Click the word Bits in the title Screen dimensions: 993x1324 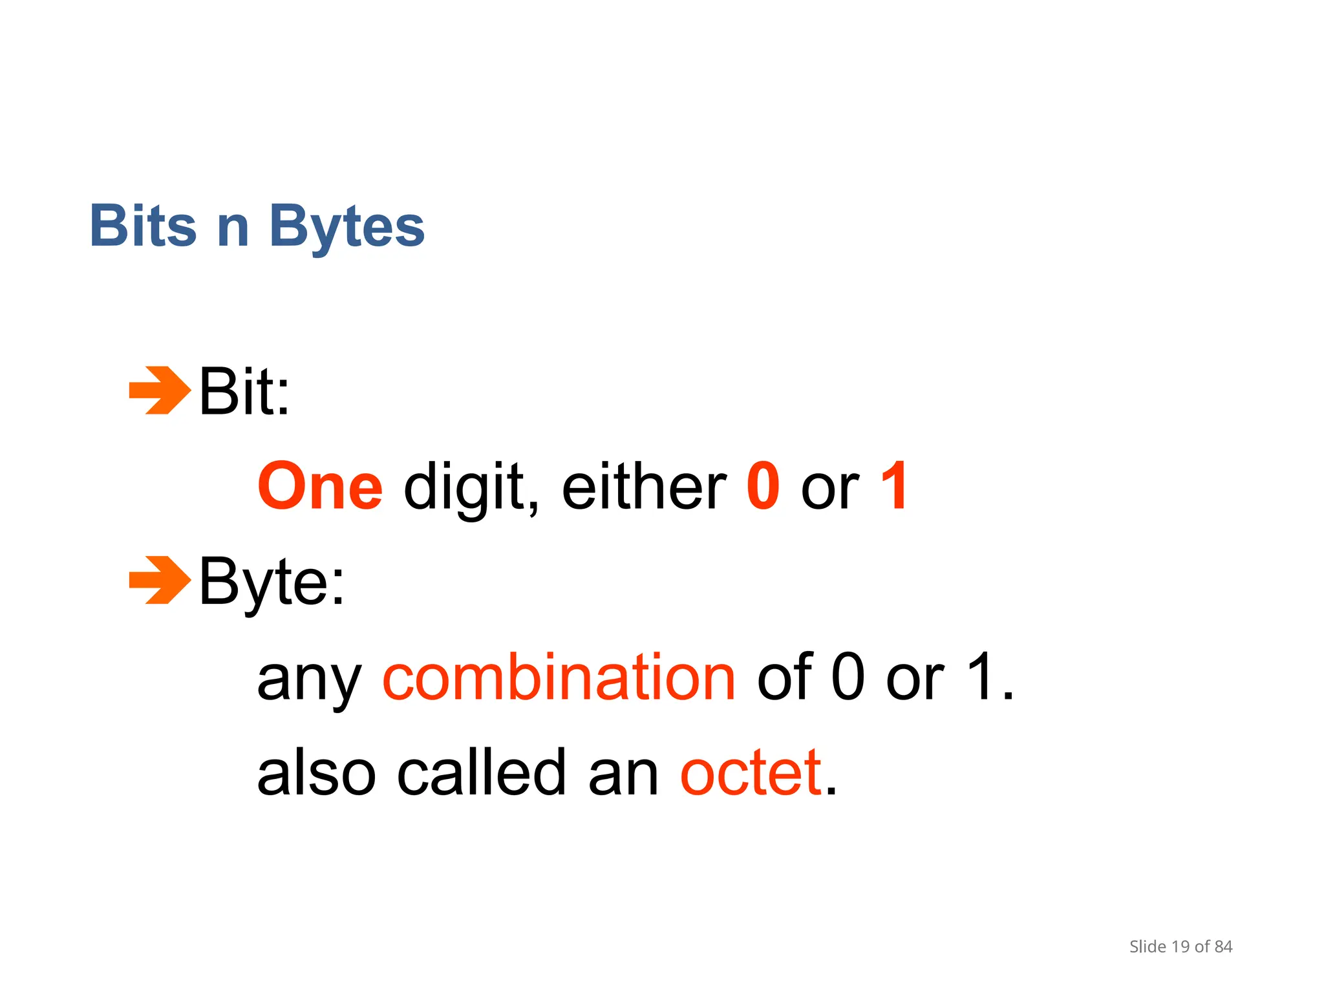pos(143,226)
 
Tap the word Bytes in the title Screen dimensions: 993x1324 pos(347,228)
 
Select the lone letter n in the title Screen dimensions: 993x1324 pos(233,228)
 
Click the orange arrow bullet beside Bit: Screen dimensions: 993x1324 pos(160,390)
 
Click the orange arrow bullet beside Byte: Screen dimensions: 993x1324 pos(160,580)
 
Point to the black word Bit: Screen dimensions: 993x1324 pos(244,391)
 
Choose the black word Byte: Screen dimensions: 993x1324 pos(272,582)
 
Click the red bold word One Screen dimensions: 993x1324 pos(320,486)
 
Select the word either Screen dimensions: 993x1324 pos(644,486)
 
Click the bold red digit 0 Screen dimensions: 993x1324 pos(763,486)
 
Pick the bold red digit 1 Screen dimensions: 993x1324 pos(895,486)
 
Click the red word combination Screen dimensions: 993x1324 pos(559,676)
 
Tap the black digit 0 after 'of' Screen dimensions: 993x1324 pos(848,676)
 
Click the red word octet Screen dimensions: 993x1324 pos(751,773)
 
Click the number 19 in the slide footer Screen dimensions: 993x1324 pos(1180,947)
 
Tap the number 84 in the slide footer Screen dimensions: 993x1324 pos(1223,947)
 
